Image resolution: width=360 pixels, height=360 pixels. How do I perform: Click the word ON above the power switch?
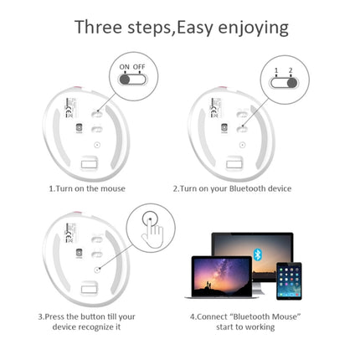124,67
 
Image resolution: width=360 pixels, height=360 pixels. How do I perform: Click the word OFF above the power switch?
139,67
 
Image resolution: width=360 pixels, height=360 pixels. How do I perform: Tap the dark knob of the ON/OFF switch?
125,80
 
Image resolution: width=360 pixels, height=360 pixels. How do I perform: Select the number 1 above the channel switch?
276,70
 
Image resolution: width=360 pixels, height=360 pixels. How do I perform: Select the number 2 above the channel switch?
291,70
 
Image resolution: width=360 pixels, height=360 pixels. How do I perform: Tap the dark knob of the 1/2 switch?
292,83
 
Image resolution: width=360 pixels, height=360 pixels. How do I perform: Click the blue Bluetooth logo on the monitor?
257,254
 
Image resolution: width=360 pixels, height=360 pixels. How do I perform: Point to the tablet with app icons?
289,281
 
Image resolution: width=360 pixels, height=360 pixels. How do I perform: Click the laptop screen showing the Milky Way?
222,277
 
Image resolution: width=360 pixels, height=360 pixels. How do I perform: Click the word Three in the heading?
98,28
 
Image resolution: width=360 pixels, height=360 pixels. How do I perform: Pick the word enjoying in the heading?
253,28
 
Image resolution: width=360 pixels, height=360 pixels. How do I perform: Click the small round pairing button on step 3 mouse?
97,270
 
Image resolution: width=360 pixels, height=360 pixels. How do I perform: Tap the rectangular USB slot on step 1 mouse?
89,164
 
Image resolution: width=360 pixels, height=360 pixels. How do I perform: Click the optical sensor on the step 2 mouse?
224,127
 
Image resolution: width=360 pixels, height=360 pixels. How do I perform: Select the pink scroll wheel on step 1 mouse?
77,88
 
